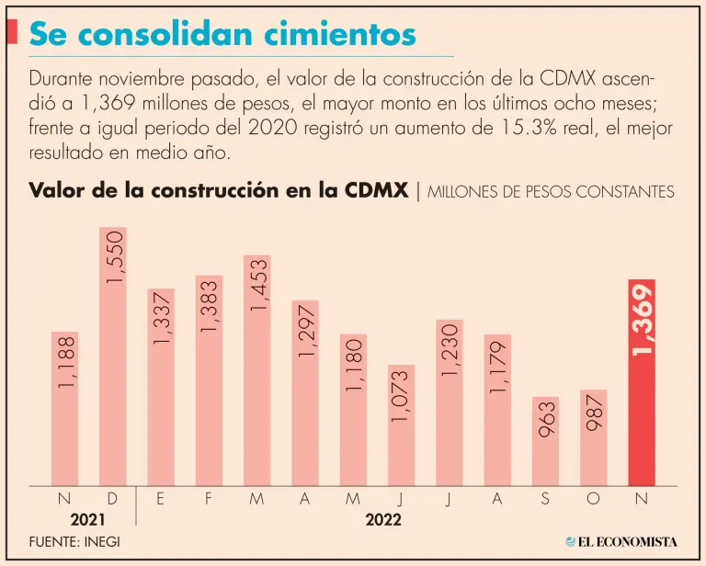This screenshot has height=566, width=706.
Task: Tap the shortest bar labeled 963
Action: pos(546,441)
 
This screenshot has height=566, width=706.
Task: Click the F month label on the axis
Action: pos(210,498)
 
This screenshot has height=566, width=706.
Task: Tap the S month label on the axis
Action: pos(546,498)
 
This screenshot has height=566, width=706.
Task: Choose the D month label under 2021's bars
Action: pos(113,498)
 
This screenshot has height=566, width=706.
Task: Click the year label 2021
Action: pos(88,519)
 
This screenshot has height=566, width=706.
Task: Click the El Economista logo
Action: pos(622,542)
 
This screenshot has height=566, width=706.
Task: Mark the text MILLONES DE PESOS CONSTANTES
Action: pos(552,192)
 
